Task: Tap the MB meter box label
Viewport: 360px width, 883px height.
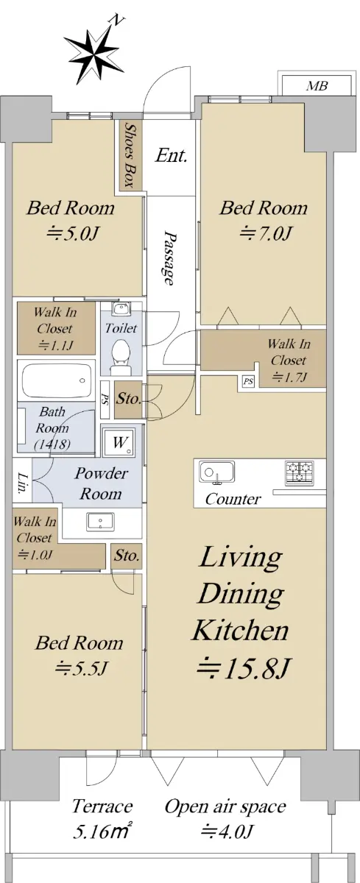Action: [317, 85]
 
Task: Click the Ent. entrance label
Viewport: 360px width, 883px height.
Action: [170, 155]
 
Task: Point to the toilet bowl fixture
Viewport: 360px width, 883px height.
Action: [121, 355]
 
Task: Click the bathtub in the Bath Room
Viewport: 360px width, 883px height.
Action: [57, 381]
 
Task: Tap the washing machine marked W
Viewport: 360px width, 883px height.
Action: [119, 443]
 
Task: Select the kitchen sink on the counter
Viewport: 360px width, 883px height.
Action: [217, 471]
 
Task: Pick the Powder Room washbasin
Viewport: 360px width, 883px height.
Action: [100, 522]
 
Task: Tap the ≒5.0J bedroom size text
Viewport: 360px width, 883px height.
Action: [71, 233]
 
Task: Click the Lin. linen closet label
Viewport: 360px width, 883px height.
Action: [21, 483]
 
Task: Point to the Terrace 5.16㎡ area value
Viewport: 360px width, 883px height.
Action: [102, 831]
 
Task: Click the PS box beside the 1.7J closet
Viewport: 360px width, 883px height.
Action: [248, 382]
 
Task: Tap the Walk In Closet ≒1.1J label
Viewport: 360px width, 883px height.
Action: [55, 329]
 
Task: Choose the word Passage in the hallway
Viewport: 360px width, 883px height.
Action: [169, 258]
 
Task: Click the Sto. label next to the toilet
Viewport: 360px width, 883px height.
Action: [128, 399]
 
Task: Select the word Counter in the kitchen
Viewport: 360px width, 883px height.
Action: [233, 499]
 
